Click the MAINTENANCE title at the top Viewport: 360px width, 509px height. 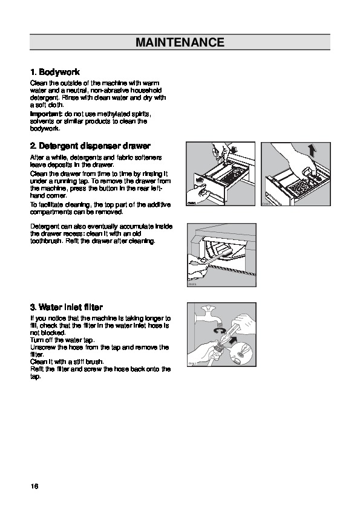point(180,42)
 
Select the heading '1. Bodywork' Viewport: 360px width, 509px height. point(55,72)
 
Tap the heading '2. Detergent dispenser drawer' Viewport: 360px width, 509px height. point(90,146)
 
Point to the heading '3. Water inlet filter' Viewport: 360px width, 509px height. point(67,307)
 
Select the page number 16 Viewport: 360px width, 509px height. point(34,486)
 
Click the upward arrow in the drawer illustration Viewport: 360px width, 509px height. point(312,151)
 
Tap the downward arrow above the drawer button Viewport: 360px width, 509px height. point(235,150)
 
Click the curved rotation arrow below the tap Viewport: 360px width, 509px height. point(220,331)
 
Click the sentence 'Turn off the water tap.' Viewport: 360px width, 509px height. point(62,340)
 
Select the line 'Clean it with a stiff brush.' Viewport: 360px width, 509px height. point(67,361)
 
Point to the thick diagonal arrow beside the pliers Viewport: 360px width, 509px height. point(232,341)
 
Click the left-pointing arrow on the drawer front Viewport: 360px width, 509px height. point(200,180)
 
